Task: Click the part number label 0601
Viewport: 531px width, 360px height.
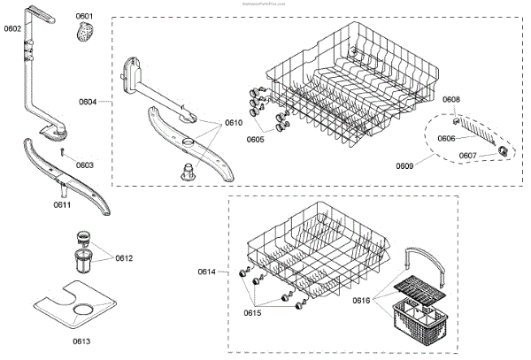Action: pyautogui.click(x=84, y=16)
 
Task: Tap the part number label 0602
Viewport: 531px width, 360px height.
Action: pyautogui.click(x=12, y=28)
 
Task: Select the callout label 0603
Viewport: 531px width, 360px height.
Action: pyautogui.click(x=84, y=165)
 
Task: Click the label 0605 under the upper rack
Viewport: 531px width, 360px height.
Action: pyautogui.click(x=255, y=139)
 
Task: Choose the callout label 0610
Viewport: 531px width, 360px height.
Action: pyautogui.click(x=234, y=122)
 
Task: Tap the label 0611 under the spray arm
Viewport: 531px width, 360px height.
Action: pyautogui.click(x=62, y=204)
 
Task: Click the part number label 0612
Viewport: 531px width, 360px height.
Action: pyautogui.click(x=124, y=257)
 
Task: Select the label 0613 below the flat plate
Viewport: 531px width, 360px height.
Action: pyautogui.click(x=81, y=341)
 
